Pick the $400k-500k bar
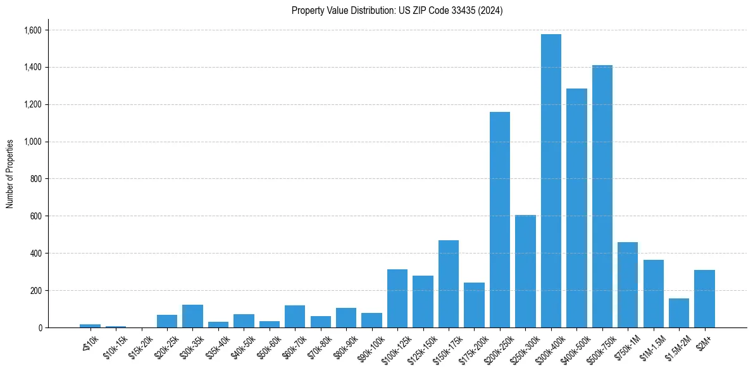pos(576,208)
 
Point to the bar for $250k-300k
pos(525,271)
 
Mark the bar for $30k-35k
pos(192,316)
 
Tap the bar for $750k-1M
pos(628,284)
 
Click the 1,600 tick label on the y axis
pos(33,30)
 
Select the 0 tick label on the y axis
pos(39,327)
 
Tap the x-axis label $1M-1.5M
pos(652,346)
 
